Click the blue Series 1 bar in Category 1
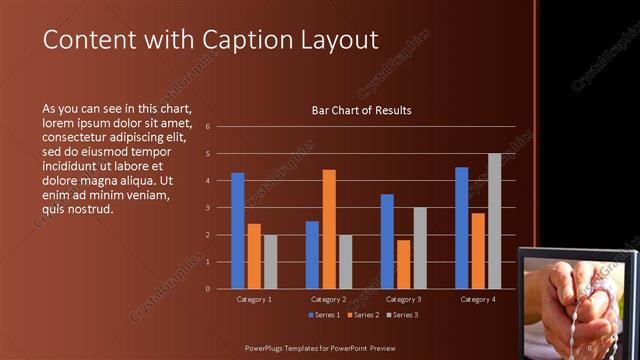[238, 230]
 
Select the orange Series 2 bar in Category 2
[329, 229]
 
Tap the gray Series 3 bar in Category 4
[494, 221]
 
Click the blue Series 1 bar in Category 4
[462, 227]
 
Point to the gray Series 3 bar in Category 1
[270, 261]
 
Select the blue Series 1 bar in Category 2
[312, 254]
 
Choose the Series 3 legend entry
[402, 315]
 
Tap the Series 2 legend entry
[364, 315]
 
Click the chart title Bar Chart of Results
[362, 110]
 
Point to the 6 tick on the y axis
[206, 127]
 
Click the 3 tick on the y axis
[206, 208]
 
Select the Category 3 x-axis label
[403, 299]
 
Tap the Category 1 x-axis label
[254, 299]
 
